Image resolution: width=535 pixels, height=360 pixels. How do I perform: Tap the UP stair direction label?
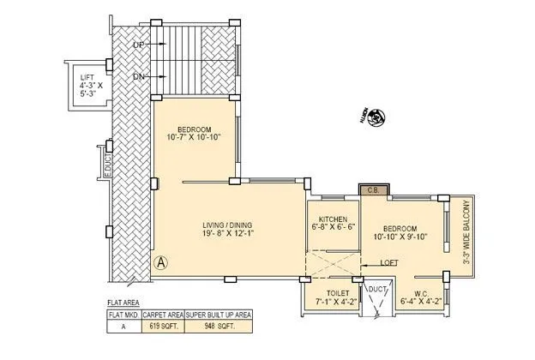pos(138,44)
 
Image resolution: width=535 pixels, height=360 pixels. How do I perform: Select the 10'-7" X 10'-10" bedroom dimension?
pos(194,135)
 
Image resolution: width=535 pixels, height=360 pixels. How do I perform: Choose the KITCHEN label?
pos(331,219)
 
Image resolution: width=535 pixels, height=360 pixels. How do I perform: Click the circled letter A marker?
pos(159,261)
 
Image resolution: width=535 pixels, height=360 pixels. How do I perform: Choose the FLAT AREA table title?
pos(123,303)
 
